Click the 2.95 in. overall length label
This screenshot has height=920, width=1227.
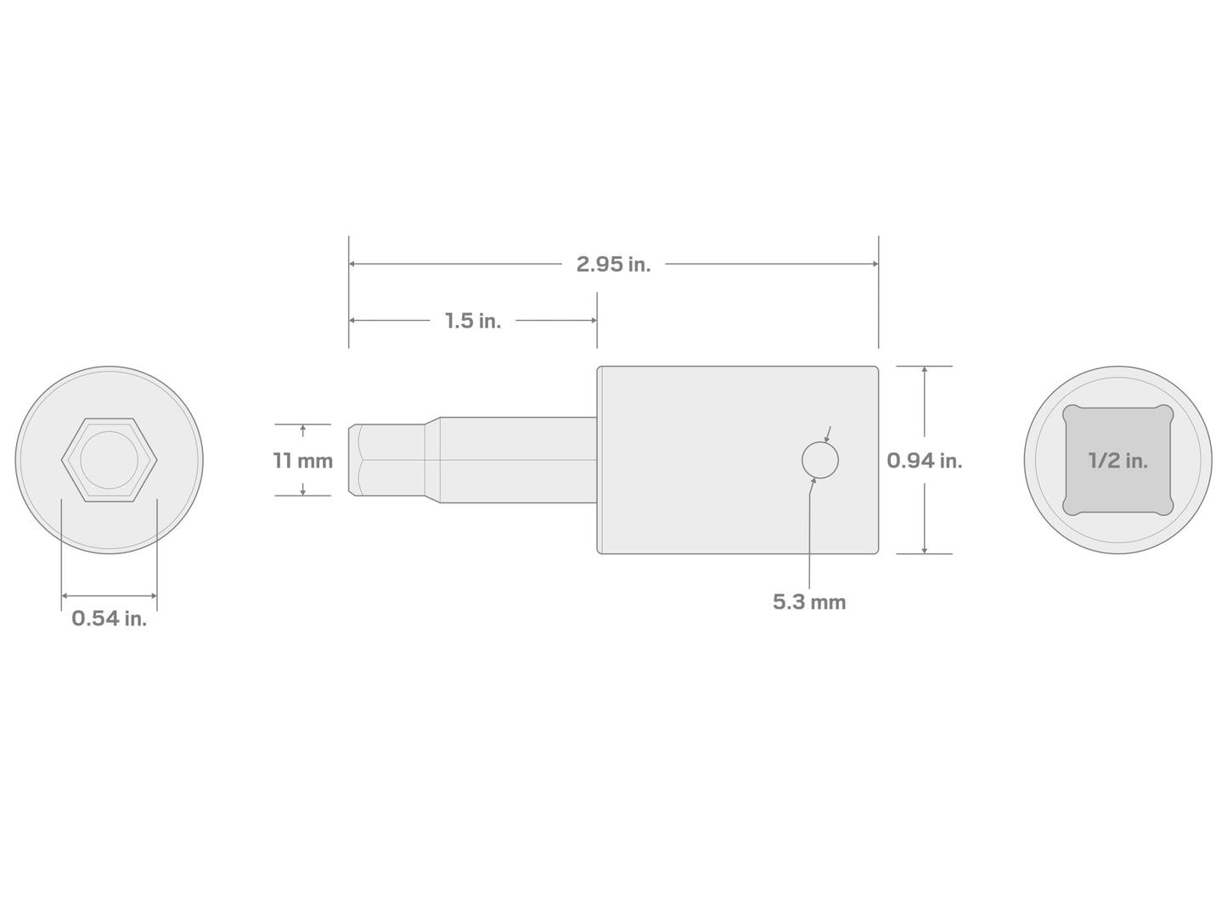point(613,264)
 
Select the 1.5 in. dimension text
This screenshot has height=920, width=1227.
point(473,321)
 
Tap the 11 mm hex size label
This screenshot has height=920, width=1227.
point(302,461)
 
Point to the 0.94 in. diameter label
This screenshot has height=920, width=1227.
point(924,461)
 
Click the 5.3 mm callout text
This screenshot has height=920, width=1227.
point(808,602)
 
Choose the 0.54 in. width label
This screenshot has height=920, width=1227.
point(109,619)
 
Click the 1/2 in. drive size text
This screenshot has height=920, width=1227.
point(1117,461)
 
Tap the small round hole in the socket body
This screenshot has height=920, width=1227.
point(819,460)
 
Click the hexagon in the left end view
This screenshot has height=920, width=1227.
point(109,460)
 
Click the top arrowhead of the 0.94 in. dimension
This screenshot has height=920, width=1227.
point(924,371)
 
